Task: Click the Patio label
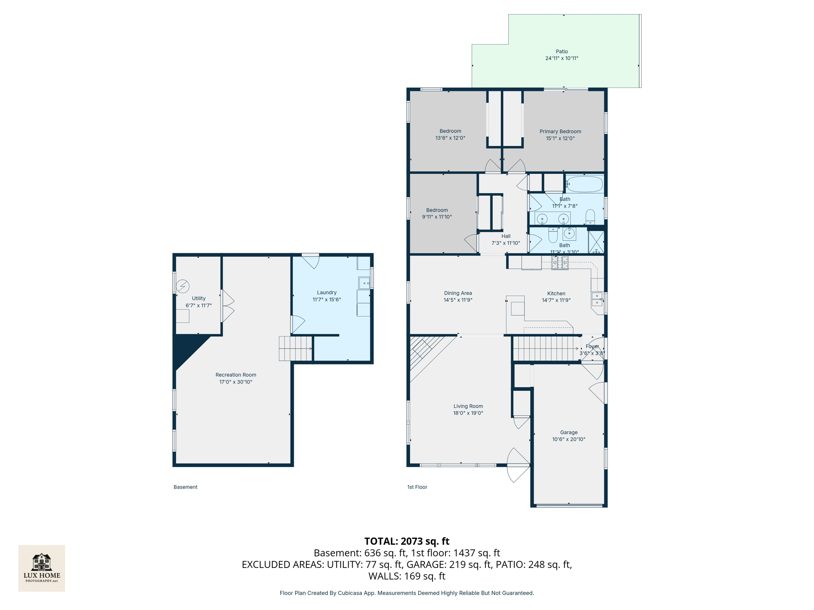561,52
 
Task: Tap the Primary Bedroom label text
560,131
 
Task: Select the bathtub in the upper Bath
584,184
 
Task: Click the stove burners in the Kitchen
560,263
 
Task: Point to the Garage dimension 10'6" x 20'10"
568,439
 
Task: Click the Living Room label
468,406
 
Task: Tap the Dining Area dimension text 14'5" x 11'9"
458,300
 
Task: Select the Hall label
506,236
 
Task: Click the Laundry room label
327,292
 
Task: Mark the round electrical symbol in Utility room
183,286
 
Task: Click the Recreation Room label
236,374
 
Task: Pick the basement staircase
295,348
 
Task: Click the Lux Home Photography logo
42,568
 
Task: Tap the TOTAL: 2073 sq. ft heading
407,541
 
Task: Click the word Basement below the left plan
185,487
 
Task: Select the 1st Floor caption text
417,487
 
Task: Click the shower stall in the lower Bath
596,242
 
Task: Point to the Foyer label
592,346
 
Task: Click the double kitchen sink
597,299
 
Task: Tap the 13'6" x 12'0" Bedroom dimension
450,138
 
